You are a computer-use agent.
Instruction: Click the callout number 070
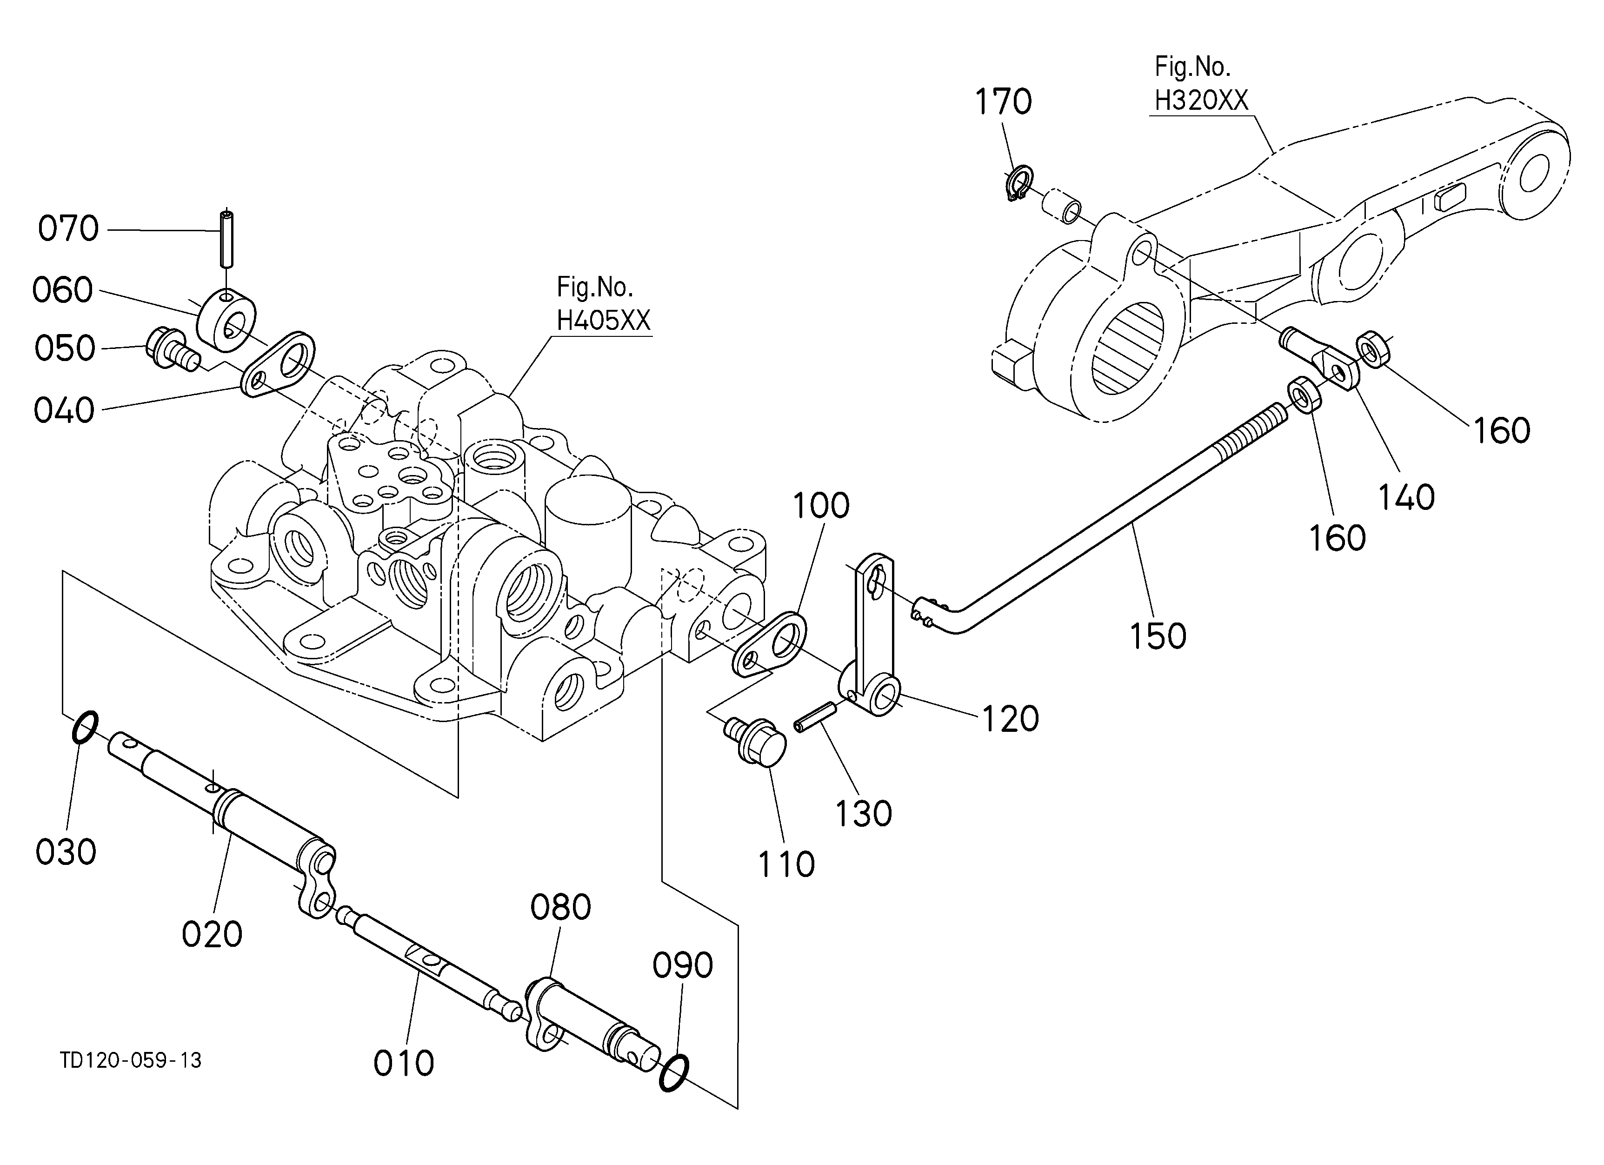(x=68, y=229)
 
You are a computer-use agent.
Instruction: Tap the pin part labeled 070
(x=226, y=238)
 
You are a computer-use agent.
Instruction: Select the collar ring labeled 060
(x=226, y=320)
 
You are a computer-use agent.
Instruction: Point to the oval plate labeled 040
(x=278, y=365)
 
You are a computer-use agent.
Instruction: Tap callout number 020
(x=212, y=934)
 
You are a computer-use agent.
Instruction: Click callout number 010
(x=404, y=1063)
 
